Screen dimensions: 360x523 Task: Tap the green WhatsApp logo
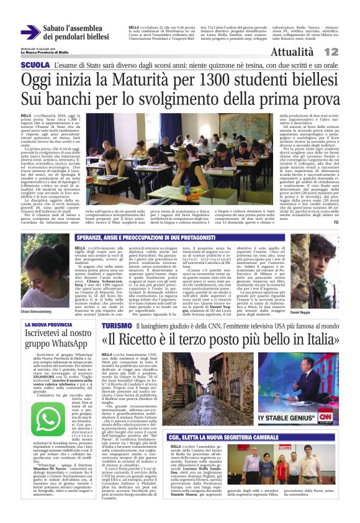47,420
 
